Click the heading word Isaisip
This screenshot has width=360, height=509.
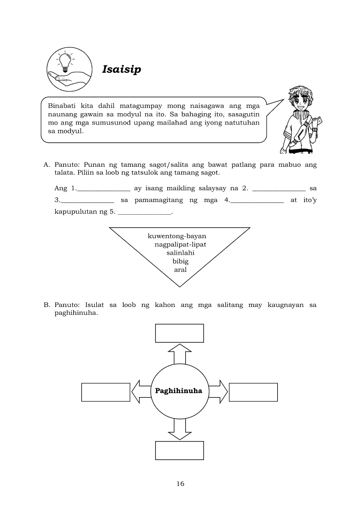pos(122,69)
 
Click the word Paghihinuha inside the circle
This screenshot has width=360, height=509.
pos(179,391)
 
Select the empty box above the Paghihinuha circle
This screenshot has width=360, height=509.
pos(180,333)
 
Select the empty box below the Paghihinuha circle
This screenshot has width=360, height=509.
pos(180,450)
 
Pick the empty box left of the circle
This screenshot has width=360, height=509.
pos(106,392)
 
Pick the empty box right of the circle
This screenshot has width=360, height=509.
pos(253,392)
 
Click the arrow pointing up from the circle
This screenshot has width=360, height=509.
pos(180,354)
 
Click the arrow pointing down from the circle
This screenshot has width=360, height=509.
pos(180,430)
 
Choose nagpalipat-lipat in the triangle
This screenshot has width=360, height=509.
pos(180,244)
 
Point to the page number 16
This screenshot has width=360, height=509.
pos(180,484)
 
